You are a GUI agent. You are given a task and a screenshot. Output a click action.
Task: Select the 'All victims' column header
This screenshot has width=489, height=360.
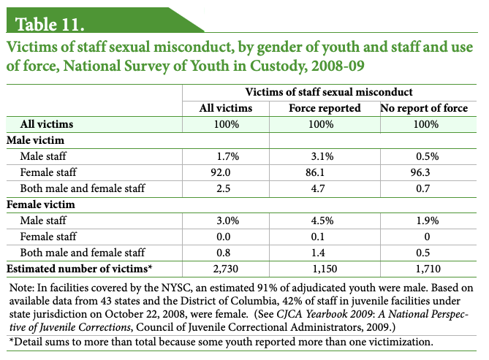point(226,109)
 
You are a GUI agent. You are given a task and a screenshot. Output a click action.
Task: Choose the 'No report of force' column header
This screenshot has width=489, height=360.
point(424,109)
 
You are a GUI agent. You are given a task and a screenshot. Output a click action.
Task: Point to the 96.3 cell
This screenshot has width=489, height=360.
point(424,172)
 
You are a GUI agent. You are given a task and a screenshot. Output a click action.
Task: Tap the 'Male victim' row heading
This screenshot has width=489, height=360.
point(36,140)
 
